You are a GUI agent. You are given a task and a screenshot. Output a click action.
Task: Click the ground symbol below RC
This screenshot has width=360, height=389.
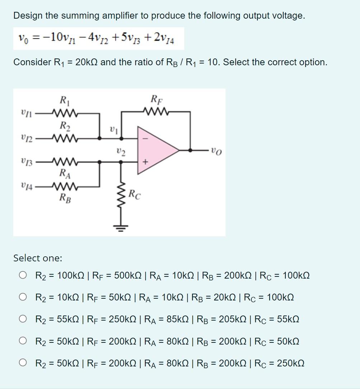click(x=121, y=226)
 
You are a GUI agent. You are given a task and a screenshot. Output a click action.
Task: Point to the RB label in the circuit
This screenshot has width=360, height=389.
click(x=65, y=197)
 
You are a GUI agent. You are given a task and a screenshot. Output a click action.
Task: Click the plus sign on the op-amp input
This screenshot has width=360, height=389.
click(x=145, y=162)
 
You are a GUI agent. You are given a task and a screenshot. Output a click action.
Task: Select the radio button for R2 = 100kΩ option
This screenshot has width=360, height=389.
click(x=23, y=276)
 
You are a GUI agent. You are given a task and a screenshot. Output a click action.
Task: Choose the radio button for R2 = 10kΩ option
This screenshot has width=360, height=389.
click(x=23, y=297)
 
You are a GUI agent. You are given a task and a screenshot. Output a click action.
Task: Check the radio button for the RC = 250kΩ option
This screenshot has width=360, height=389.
click(x=23, y=363)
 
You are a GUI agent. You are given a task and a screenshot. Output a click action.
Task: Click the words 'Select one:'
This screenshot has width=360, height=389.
click(x=38, y=258)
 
